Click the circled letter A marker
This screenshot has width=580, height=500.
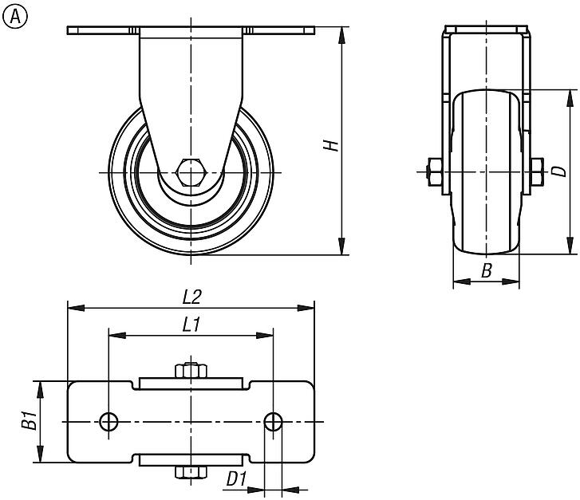[15, 17]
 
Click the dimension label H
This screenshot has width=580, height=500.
[331, 145]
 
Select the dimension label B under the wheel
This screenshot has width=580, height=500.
[487, 270]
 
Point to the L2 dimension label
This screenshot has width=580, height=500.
[192, 297]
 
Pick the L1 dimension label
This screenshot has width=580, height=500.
[191, 325]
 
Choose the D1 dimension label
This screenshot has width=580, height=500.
[236, 479]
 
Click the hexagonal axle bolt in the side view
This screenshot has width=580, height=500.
[190, 172]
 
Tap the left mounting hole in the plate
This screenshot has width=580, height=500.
[109, 422]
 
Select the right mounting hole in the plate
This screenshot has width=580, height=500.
[274, 422]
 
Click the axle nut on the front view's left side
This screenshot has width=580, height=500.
[434, 172]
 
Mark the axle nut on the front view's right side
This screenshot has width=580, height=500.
[537, 172]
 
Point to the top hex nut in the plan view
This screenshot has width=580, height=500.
[191, 371]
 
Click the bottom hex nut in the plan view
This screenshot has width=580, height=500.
[191, 472]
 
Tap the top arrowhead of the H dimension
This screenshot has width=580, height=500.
[342, 35]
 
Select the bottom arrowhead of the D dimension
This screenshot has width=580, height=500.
[570, 246]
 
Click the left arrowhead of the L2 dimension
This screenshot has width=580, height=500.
[76, 308]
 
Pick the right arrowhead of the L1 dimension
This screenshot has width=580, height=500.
[265, 336]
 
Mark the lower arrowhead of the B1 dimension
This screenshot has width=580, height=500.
[40, 454]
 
